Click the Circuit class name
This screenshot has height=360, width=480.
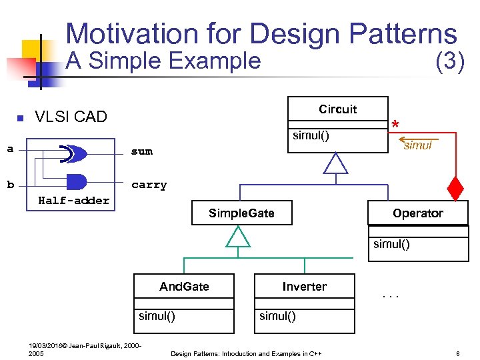click(337, 109)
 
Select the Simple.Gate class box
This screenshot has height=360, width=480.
click(241, 213)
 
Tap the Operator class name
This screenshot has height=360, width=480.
click(417, 213)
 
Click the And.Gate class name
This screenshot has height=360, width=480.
click(184, 287)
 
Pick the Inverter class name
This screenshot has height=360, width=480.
click(304, 287)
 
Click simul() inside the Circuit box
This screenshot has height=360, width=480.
click(311, 136)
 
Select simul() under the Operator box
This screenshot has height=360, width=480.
click(391, 244)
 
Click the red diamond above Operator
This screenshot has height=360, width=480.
click(455, 189)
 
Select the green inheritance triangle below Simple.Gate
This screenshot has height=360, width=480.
click(238, 236)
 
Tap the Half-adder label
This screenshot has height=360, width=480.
click(73, 200)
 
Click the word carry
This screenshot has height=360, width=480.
click(149, 185)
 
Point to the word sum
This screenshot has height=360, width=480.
click(141, 151)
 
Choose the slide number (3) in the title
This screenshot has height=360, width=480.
click(449, 61)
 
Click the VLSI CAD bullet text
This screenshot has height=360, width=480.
click(71, 117)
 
